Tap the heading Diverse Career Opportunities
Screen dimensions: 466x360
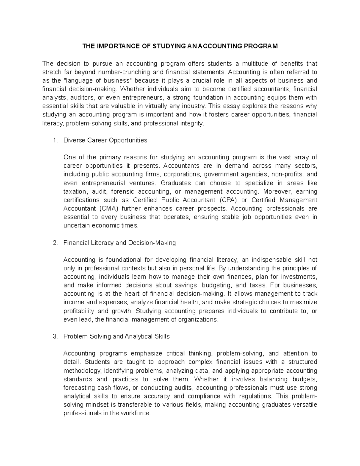pyautogui.click(x=105, y=140)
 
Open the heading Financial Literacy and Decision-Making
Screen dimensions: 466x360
pyautogui.click(x=119, y=243)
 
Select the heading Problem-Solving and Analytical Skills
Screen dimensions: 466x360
pyautogui.click(x=116, y=337)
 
